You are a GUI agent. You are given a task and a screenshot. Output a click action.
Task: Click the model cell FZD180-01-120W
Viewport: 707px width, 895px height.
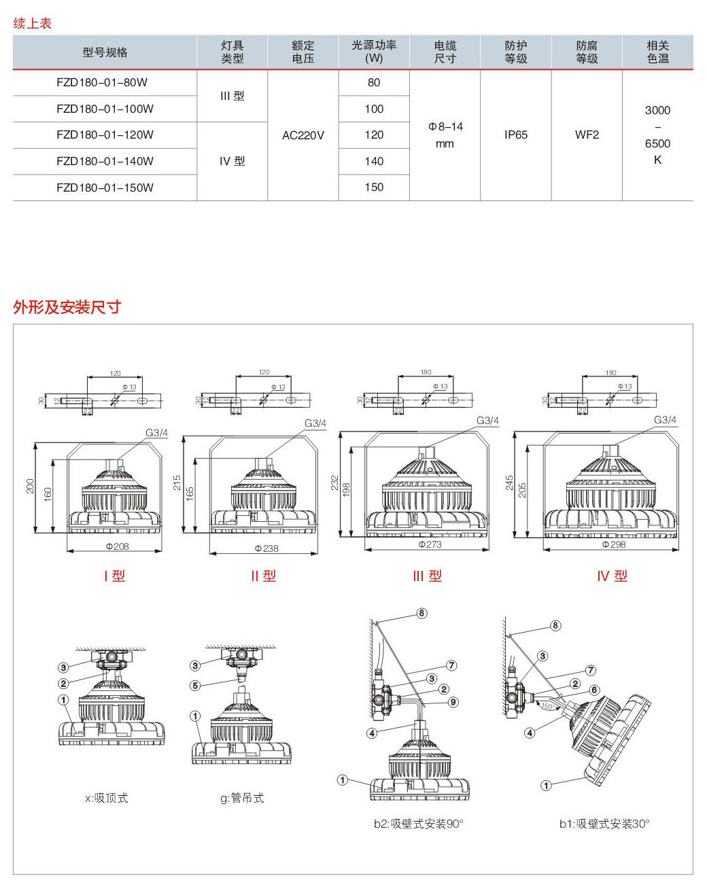coord(105,135)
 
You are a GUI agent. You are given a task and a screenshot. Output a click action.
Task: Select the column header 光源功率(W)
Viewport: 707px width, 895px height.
coord(374,52)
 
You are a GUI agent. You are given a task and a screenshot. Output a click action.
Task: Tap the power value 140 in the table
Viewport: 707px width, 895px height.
coord(374,161)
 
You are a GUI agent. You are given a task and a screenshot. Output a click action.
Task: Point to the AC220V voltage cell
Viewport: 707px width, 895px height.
coord(303,135)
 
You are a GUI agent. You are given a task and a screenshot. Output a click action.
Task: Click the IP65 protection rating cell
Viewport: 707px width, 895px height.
coord(516,135)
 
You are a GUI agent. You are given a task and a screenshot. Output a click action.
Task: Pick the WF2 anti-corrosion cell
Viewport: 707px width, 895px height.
coord(587,135)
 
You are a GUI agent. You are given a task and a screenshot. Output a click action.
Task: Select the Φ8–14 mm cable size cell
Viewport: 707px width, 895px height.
coord(445,135)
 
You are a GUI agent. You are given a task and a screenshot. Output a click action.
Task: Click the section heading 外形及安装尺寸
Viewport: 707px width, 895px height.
coord(67,307)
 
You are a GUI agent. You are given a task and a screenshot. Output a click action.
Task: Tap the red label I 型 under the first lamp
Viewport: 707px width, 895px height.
coord(114,576)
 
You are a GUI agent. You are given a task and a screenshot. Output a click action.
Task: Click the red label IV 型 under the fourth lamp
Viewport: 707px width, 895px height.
coord(612,576)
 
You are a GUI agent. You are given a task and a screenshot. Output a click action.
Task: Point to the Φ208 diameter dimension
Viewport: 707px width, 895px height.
coord(117,546)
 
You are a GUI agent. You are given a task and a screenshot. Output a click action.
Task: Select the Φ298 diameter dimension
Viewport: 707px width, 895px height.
coord(614,544)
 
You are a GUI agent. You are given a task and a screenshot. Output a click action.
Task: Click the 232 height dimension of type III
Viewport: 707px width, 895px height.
coord(334,482)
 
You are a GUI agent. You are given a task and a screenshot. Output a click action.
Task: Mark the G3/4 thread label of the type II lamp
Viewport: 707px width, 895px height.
coord(315,423)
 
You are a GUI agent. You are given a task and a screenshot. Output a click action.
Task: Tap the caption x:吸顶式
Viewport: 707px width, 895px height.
coord(106,798)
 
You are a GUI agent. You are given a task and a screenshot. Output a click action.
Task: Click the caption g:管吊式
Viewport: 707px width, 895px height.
coord(242,798)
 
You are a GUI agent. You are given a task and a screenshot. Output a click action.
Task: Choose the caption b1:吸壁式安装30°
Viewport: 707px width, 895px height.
coord(604,824)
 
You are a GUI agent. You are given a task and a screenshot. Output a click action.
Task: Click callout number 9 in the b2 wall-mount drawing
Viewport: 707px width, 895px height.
coord(453,702)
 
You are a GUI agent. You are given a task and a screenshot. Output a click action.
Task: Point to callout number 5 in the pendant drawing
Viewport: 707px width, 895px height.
coord(195,685)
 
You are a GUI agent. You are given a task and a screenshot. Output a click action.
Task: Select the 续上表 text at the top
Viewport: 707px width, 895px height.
coord(33,23)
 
